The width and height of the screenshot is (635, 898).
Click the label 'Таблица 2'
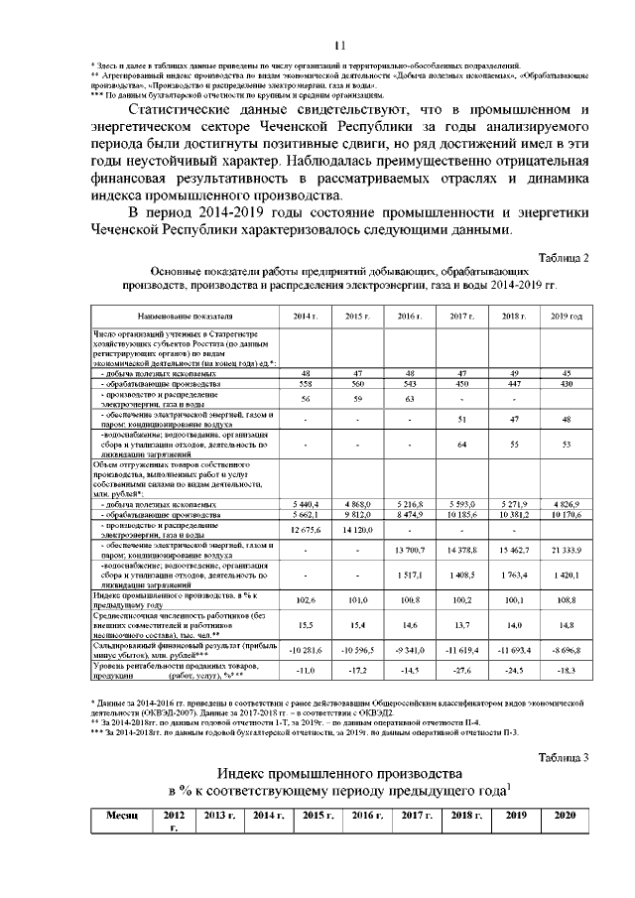[x=564, y=257]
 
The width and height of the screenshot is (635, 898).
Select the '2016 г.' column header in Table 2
[x=409, y=315]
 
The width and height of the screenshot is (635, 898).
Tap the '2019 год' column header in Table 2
[x=566, y=315]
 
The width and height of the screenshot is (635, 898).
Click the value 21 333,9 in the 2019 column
[x=566, y=549]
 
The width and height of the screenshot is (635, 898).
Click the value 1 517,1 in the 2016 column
[x=409, y=575]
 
